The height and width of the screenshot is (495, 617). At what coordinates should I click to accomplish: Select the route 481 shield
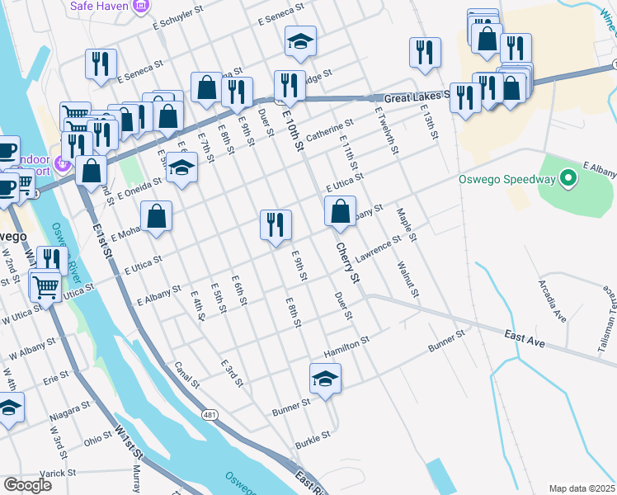[213, 416]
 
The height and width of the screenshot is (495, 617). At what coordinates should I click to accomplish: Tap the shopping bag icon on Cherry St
[340, 212]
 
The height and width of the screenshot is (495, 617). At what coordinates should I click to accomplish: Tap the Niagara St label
[68, 408]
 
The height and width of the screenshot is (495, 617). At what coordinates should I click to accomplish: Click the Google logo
[27, 485]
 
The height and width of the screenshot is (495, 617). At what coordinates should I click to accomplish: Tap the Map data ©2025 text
[582, 488]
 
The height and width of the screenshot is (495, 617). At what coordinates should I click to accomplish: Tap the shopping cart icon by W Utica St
[45, 286]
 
